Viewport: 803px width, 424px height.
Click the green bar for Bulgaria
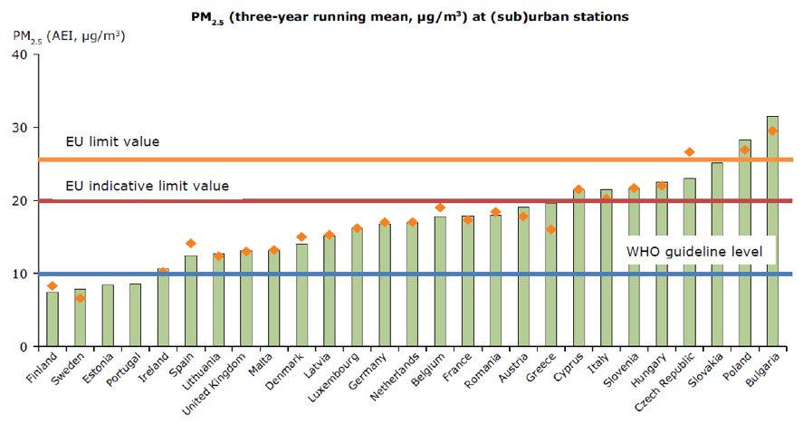(x=771, y=231)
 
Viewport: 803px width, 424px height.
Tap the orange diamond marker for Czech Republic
(x=689, y=152)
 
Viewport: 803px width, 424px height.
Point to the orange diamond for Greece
(x=550, y=229)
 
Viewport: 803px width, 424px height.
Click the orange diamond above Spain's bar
(x=191, y=243)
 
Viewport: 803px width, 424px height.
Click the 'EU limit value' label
(x=112, y=142)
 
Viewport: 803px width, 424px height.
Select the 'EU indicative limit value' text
(x=147, y=187)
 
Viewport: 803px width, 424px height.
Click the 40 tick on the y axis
(x=24, y=54)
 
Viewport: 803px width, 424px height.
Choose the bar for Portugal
(x=135, y=315)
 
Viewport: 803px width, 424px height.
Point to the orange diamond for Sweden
(x=81, y=297)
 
